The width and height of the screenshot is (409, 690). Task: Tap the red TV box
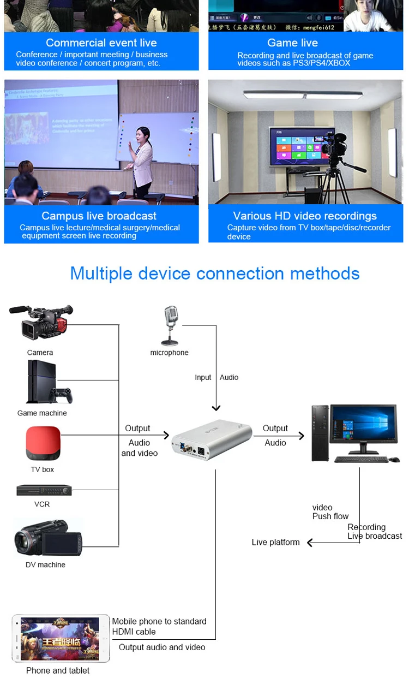point(43,443)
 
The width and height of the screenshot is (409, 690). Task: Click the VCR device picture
point(44,490)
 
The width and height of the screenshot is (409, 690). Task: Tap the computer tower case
point(320,433)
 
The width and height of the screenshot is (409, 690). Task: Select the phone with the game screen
point(60,638)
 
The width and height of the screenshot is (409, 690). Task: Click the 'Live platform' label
point(275,542)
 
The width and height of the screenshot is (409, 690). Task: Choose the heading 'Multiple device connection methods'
point(215,273)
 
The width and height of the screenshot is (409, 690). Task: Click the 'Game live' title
point(292,43)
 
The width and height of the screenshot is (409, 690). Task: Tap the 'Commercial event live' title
point(101,43)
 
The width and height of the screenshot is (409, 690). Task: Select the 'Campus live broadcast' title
point(99,216)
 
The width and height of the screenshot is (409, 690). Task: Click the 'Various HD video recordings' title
point(305,216)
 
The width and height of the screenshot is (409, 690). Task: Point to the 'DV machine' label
point(45,564)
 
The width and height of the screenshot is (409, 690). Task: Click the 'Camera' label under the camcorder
point(40,353)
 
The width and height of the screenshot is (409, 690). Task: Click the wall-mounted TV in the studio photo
point(296,147)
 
